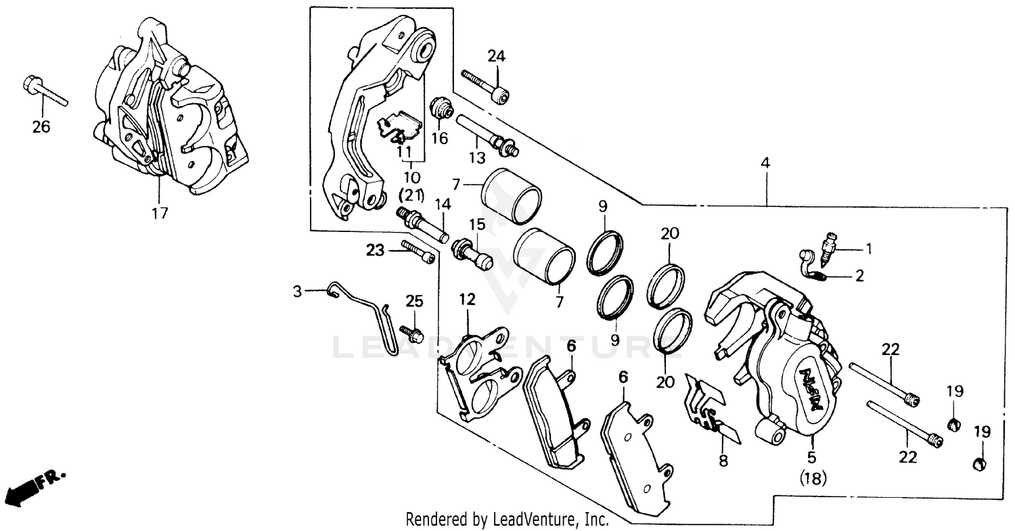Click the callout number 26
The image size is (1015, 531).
click(x=41, y=126)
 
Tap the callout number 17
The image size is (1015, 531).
click(x=160, y=213)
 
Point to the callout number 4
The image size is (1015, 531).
click(x=765, y=163)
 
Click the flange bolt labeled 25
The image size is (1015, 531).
click(x=411, y=333)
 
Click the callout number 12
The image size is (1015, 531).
click(x=467, y=299)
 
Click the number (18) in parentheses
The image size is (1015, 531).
click(x=814, y=479)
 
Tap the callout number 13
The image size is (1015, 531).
click(x=476, y=158)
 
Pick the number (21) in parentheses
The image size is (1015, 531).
click(x=411, y=195)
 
